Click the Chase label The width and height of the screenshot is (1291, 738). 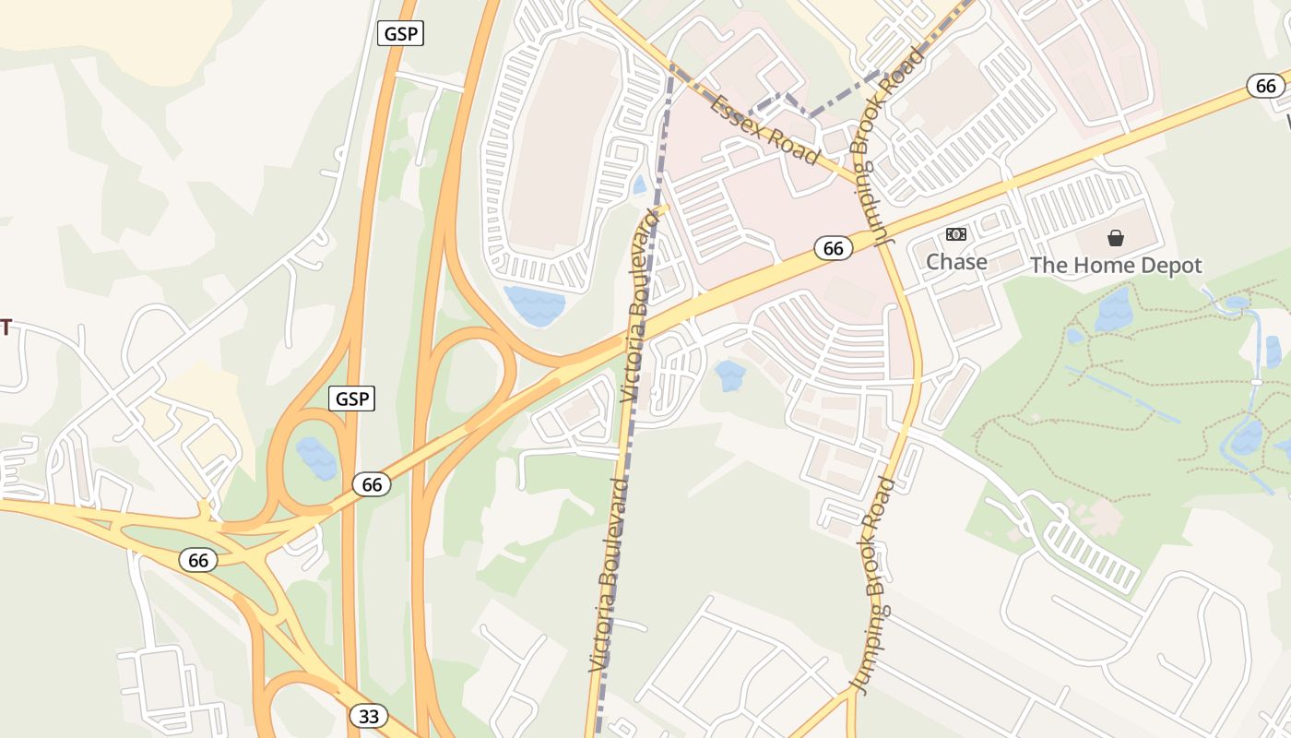pos(956,262)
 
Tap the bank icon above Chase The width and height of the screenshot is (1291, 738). pos(956,234)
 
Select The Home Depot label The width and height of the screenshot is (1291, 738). pos(1116,266)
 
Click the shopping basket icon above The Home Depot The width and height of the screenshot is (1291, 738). pos(1116,238)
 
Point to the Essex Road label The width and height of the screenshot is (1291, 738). pos(764,130)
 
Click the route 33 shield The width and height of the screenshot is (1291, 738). pos(368,716)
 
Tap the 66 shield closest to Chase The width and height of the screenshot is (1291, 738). pos(833,248)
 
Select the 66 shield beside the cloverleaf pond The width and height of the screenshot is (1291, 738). pos(372,484)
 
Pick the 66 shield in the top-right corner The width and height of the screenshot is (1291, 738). pos(1266,86)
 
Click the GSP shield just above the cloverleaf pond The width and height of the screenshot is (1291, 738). pos(351,399)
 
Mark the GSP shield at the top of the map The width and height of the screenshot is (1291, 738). pos(400,34)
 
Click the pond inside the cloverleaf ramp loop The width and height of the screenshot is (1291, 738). pos(316,458)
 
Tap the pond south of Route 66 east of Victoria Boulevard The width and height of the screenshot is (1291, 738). pos(729,375)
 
